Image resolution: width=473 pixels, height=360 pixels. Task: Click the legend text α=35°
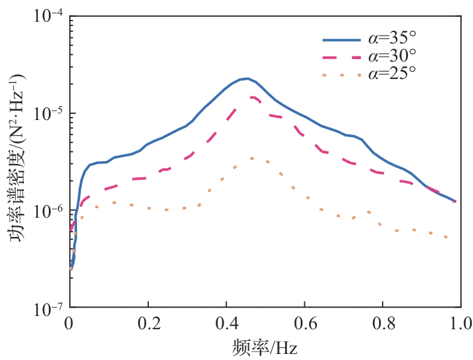(392, 40)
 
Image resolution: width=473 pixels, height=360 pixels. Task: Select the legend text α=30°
(392, 57)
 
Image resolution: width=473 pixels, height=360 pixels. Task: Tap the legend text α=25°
(392, 74)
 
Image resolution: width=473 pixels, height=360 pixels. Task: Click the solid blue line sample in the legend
(342, 40)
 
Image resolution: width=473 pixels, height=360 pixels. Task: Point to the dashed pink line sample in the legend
(342, 57)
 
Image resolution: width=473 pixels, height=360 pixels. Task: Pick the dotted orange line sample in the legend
(342, 75)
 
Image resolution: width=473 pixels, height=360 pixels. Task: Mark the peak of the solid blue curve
(247, 78)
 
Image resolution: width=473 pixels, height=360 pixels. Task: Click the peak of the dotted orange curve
(252, 159)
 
